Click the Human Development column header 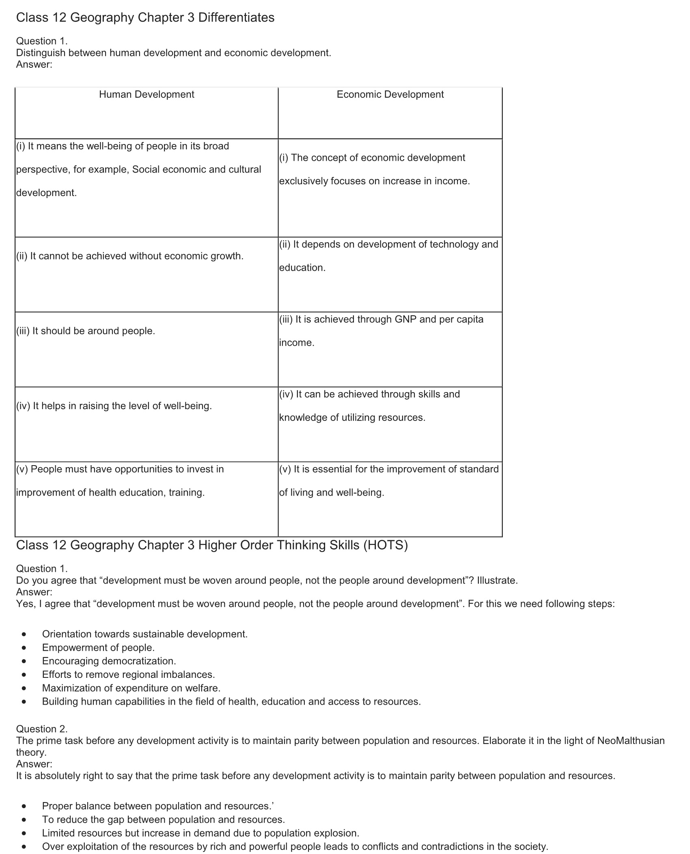(147, 95)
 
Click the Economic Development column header (390, 95)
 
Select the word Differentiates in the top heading (236, 17)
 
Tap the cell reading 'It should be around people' (86, 331)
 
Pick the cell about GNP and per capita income (381, 331)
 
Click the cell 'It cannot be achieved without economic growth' (130, 256)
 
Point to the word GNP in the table (405, 319)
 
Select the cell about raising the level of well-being (114, 406)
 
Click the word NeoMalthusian (631, 741)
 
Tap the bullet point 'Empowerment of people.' (98, 647)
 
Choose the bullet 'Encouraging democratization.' (109, 661)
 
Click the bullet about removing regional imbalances (128, 674)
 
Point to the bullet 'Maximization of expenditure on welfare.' (131, 688)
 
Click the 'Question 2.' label (42, 729)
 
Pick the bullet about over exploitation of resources (295, 846)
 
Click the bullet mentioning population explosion (201, 833)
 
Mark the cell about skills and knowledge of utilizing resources (369, 406)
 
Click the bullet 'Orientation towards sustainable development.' (144, 634)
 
